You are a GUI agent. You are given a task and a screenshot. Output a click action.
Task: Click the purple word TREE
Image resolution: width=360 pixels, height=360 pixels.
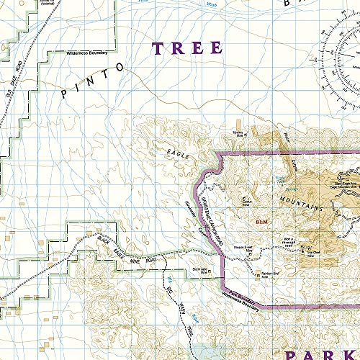click(x=186, y=48)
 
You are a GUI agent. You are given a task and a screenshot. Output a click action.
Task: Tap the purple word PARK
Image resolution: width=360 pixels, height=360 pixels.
click(x=322, y=337)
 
